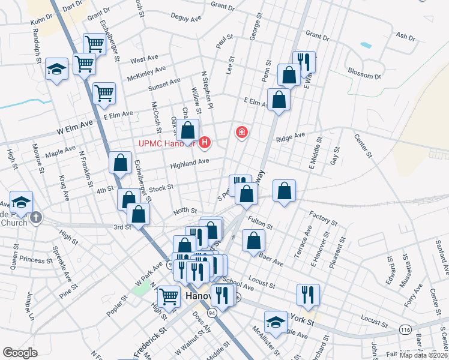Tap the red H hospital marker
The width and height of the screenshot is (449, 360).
pos(205,142)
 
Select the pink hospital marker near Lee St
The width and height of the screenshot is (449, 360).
pos(242,132)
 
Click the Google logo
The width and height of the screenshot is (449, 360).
pos(20,352)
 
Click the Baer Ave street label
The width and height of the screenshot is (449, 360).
pos(272,260)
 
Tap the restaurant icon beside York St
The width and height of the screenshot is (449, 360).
pos(308,295)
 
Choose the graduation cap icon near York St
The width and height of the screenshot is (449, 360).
pos(276,322)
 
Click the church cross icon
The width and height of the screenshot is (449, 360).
pos(36,217)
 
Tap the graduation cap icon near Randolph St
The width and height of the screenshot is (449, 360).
pos(56,69)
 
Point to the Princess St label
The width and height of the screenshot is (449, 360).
pos(37,260)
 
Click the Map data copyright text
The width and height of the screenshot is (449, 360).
pos(423,355)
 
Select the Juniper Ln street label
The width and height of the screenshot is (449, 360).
pos(29,304)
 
